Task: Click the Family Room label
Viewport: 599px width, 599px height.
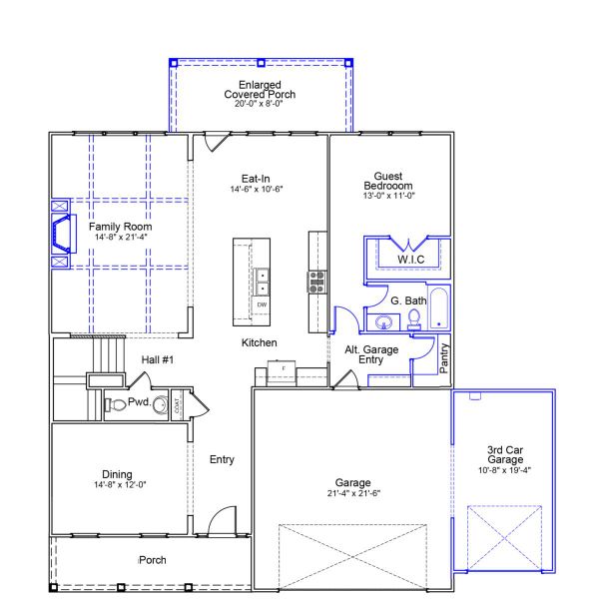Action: [x=123, y=227]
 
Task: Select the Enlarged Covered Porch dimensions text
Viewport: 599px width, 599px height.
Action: [x=259, y=104]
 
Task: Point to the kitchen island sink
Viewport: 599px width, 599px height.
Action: [x=262, y=282]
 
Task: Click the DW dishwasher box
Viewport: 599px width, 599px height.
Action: [x=262, y=303]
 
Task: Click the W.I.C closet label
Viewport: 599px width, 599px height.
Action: [x=411, y=260]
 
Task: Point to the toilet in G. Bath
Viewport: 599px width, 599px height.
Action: [x=413, y=319]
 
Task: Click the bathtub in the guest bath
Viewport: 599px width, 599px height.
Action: [x=439, y=309]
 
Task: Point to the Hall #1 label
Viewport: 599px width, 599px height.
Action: [x=158, y=359]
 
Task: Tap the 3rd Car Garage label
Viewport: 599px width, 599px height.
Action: [x=502, y=458]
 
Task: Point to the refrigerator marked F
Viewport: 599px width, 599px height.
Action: [x=284, y=370]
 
